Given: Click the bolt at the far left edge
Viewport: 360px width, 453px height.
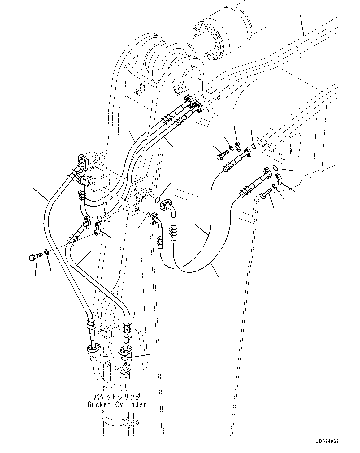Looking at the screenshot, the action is click(x=35, y=257).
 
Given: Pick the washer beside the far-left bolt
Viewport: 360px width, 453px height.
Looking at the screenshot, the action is click(x=46, y=252).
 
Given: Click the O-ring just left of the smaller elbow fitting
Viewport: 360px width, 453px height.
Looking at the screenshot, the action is click(x=148, y=215).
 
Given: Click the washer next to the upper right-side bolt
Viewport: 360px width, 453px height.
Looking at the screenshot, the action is click(x=231, y=148).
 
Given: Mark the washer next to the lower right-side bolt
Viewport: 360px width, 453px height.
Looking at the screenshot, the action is click(x=275, y=186).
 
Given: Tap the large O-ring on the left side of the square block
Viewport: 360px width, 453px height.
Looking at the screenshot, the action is click(x=99, y=218).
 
